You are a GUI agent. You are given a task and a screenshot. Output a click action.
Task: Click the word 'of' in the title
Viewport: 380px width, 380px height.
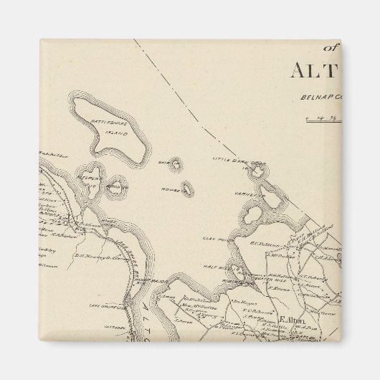point(331,49)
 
